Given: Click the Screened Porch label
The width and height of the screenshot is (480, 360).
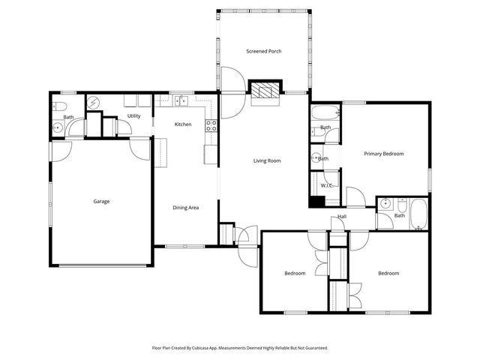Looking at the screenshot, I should point(264,51).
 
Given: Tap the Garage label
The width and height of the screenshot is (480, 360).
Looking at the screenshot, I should point(101,201).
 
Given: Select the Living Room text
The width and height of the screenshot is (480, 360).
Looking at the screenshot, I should point(266,160).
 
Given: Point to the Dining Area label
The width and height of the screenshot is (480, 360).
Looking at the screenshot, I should point(185,208).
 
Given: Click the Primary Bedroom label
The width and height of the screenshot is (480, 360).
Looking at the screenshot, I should point(383,154).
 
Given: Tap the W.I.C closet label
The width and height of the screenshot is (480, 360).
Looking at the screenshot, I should point(327,184).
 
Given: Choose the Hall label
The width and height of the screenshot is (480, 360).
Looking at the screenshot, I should point(341,217).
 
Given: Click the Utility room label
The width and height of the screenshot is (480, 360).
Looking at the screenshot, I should point(133,116).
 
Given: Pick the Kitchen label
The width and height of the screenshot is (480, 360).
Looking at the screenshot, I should point(183,124).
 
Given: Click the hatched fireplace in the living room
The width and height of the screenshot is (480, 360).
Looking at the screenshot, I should point(264,91).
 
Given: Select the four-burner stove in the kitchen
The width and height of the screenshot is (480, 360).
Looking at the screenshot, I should point(211,126).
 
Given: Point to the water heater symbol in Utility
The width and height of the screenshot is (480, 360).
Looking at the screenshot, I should point(94,103).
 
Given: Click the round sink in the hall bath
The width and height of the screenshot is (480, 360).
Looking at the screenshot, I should point(384,202).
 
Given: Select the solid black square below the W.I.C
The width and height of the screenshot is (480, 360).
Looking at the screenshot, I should point(316,201).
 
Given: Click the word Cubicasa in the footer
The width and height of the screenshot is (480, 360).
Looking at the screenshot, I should point(214,348).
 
